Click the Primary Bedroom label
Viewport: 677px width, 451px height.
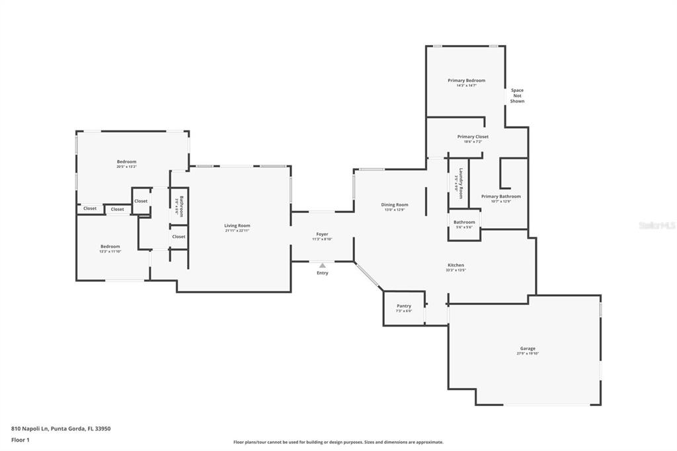point(466,80)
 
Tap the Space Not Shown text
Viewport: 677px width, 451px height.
point(517,96)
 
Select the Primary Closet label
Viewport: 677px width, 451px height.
point(473,137)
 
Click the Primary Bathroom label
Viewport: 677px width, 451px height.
point(500,196)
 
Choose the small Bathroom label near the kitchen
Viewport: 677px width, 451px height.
point(464,222)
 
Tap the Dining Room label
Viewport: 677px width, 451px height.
point(395,205)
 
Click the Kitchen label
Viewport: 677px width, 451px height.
point(456,265)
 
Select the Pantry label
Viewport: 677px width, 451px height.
point(404,306)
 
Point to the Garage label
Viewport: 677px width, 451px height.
point(528,348)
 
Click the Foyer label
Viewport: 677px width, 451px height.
point(322,234)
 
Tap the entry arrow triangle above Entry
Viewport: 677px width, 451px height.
point(322,266)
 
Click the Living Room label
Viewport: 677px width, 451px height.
point(237,225)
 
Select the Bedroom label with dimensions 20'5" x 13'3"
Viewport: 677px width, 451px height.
point(126,162)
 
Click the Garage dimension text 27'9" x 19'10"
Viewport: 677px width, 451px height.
point(528,354)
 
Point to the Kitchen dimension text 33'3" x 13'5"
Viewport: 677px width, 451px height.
point(456,270)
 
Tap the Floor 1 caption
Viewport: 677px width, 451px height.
point(20,440)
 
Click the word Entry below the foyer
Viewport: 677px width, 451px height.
point(322,273)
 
